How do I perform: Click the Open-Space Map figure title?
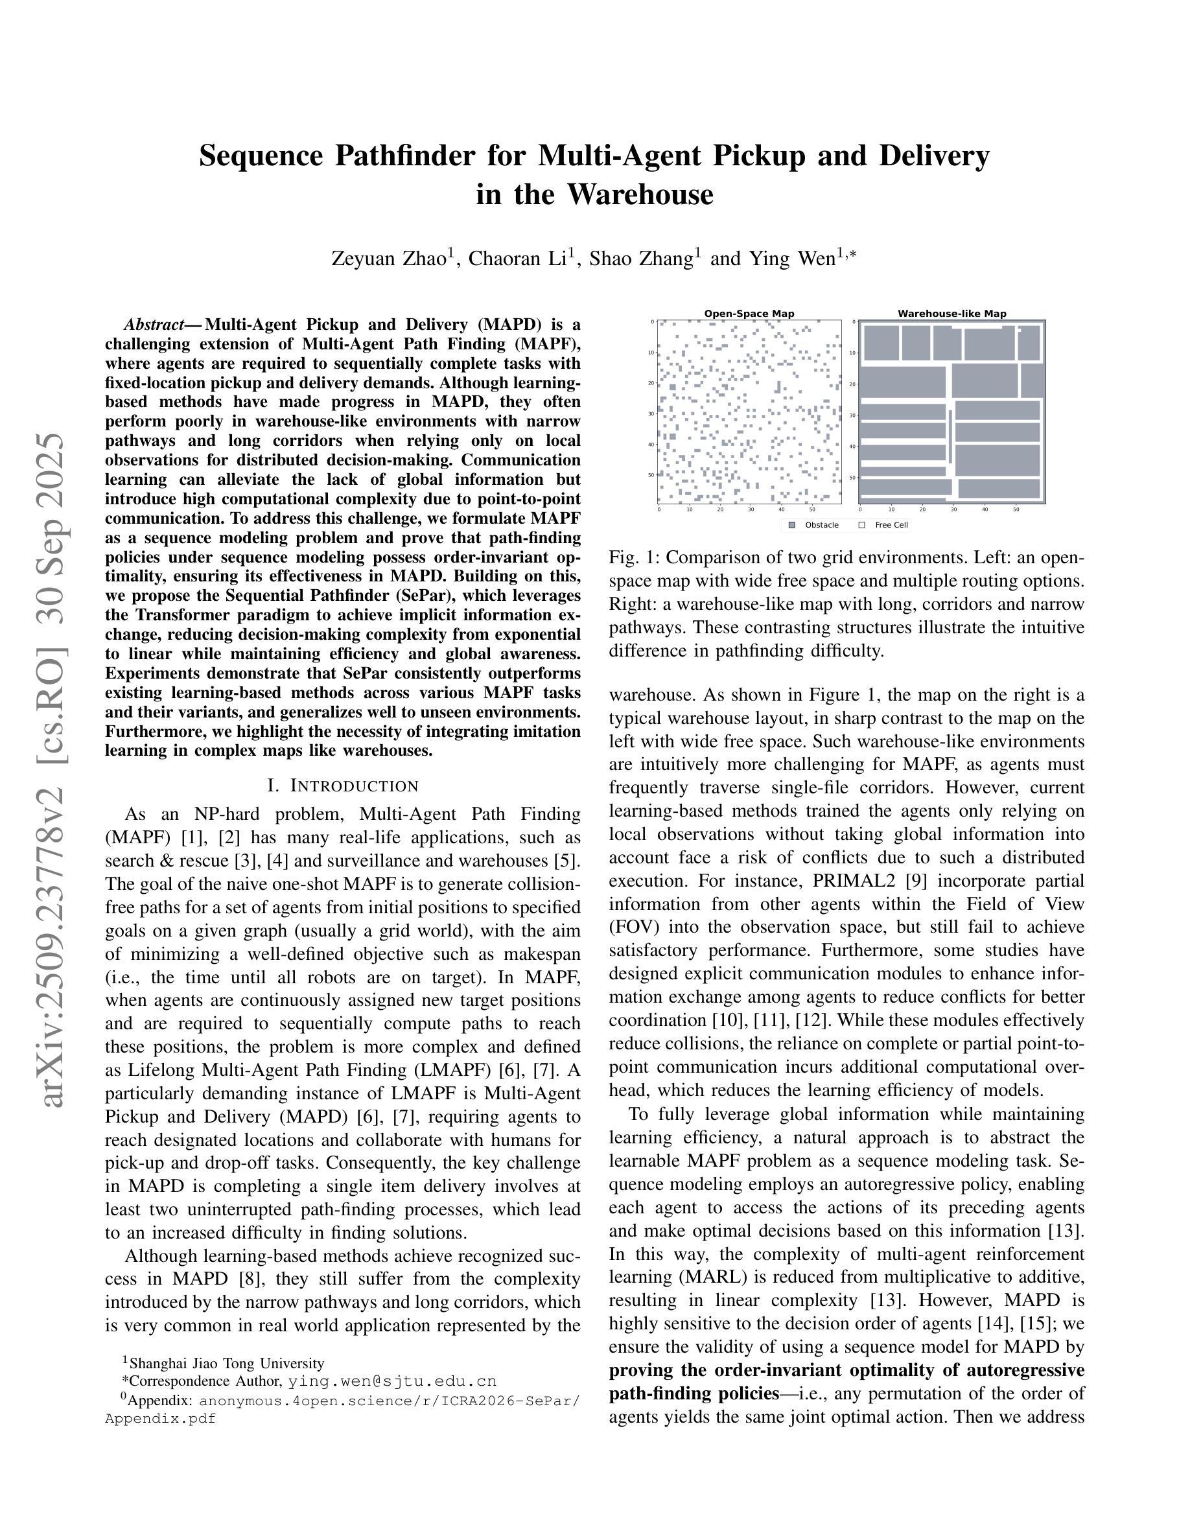(x=749, y=314)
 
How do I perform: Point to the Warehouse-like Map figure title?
(x=951, y=314)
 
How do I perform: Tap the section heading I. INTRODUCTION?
(x=343, y=786)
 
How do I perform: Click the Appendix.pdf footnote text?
(x=160, y=1418)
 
